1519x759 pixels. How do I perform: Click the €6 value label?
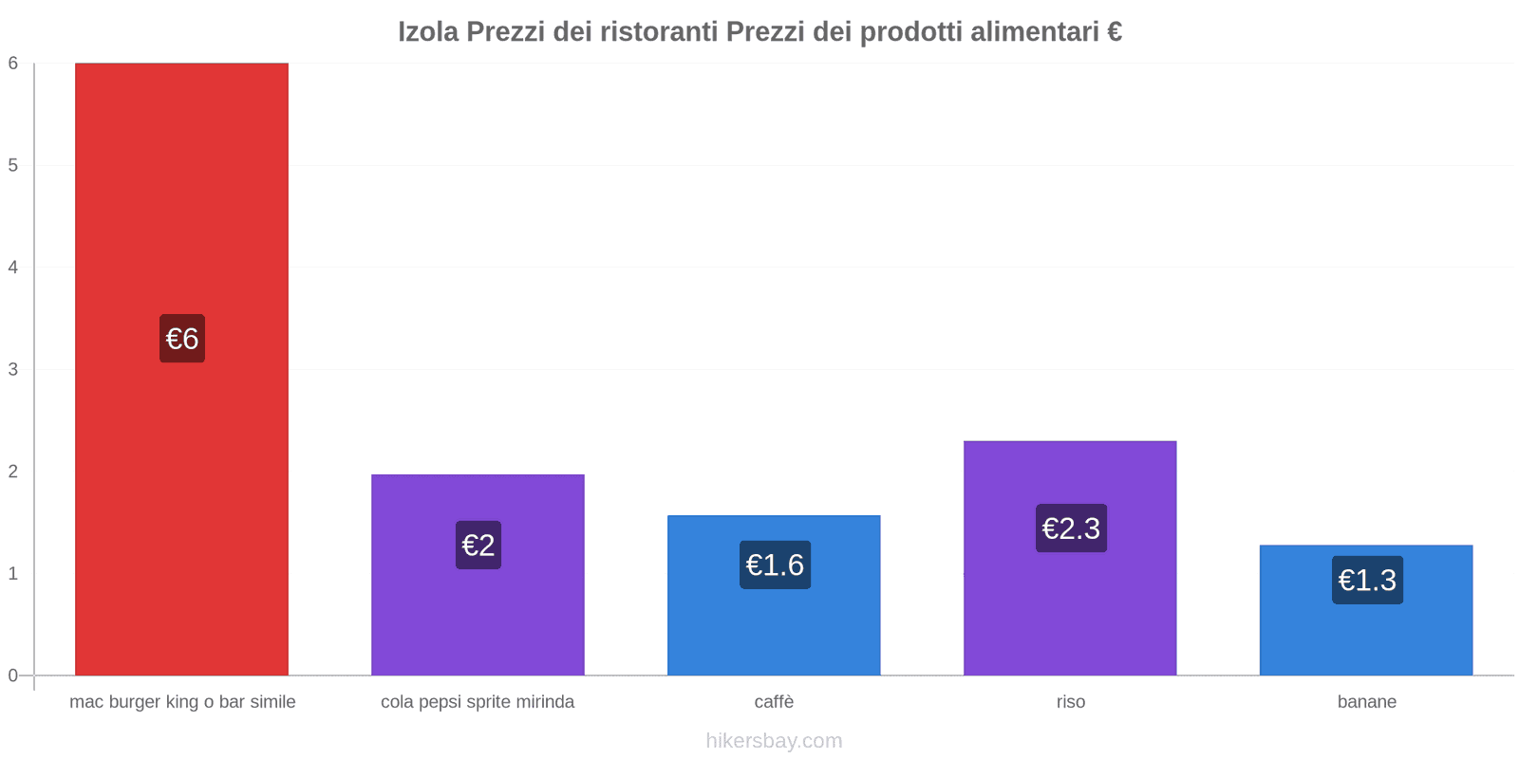pos(182,339)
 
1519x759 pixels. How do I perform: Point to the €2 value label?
pos(478,546)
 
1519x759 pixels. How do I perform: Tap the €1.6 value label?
pos(775,565)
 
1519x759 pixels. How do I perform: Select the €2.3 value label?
pos(1071,528)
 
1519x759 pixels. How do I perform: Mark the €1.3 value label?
pos(1367,580)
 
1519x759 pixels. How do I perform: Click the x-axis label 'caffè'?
pos(774,702)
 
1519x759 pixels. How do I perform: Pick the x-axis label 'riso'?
pos(1070,702)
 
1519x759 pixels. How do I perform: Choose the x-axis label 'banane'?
pos(1366,702)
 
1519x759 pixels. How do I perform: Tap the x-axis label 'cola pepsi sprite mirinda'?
pos(478,702)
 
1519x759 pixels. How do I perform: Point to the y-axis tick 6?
pos(13,64)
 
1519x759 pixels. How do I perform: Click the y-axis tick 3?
pos(13,369)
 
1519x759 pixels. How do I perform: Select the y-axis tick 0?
pos(13,676)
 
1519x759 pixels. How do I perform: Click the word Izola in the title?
pos(428,32)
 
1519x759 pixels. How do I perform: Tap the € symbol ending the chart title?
pos(1115,32)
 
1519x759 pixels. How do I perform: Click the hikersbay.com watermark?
pos(774,741)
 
